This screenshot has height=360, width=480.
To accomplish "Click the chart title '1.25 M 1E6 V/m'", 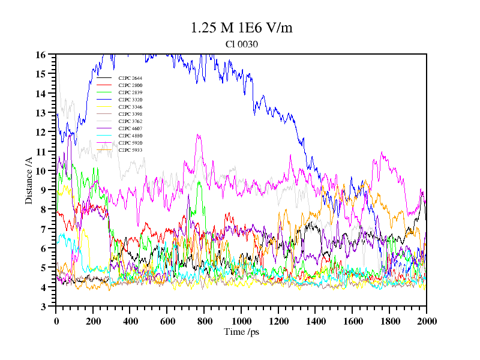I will coord(241,28).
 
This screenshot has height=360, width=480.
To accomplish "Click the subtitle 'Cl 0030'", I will coord(242,44).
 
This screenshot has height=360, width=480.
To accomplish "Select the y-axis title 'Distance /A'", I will coord(29,180).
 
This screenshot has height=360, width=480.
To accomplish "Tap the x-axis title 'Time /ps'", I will coord(241,332).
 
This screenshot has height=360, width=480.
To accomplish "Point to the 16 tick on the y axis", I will coord(41,55).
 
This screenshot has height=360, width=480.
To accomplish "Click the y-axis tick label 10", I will coord(41,171).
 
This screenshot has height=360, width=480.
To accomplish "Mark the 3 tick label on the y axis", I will coord(43,307).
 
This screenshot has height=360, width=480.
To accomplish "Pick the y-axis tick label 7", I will coord(43,229).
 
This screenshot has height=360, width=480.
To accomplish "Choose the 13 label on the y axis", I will coord(41,113).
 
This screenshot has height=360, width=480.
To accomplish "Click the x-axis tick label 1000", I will coord(241,321).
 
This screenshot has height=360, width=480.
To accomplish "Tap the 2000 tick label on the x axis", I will coord(426,321).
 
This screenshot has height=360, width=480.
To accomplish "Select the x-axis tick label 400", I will coord(130,321).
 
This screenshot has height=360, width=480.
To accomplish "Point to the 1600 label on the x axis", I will coord(352,321).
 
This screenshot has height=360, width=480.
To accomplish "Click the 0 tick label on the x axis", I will coord(56,321).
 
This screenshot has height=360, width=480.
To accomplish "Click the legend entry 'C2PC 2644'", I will coord(130,78).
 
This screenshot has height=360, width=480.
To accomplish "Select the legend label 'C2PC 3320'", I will coord(130,100).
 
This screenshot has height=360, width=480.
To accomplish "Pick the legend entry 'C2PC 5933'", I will coord(130,150).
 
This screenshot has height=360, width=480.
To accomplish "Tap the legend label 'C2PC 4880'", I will coord(130,136).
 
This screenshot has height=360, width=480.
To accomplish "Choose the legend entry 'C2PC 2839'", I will coord(130,92).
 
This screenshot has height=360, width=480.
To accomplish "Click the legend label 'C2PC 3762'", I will coord(130,121).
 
